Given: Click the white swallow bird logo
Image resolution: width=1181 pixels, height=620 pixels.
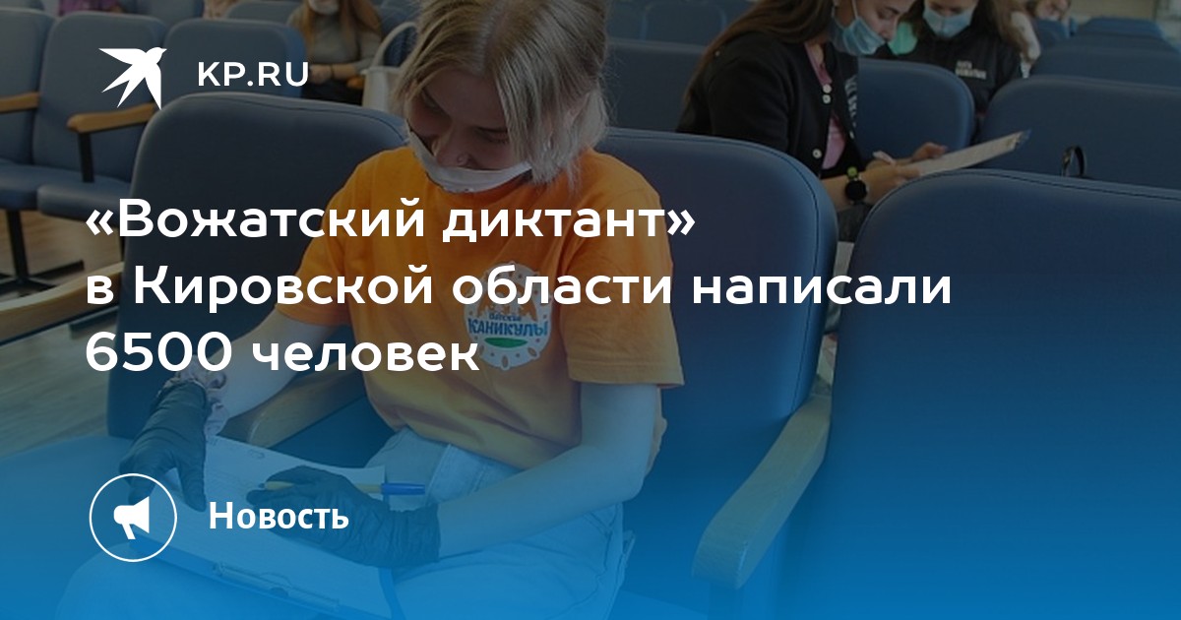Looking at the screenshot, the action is point(133,77).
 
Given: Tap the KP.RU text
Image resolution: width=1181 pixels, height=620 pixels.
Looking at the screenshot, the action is point(253,75).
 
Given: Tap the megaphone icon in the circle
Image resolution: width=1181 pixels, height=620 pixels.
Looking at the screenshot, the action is point(133,518).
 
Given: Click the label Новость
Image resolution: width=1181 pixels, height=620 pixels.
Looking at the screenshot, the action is point(279,516).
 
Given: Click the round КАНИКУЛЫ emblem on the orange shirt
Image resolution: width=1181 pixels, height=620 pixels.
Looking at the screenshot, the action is point(507,333).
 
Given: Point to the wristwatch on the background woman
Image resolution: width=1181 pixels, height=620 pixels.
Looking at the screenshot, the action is point(855,186).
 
